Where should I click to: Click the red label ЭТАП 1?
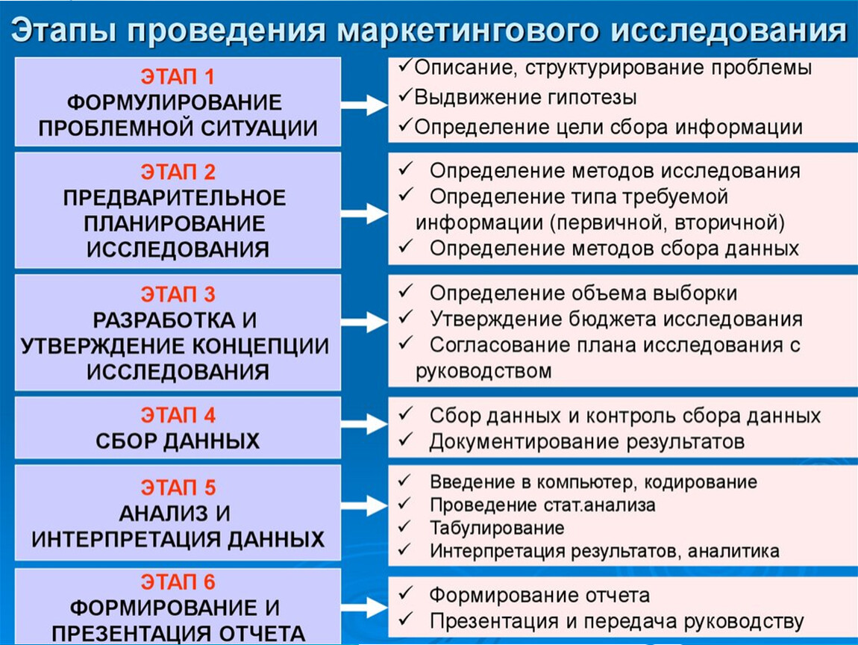click(178, 77)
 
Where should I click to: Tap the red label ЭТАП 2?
click(178, 172)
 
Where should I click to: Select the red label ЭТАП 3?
click(178, 295)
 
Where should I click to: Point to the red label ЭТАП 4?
click(178, 416)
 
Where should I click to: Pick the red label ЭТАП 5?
click(178, 488)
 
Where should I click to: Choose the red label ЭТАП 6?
click(178, 582)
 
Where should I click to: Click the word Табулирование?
click(497, 528)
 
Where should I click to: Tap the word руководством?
click(483, 371)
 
